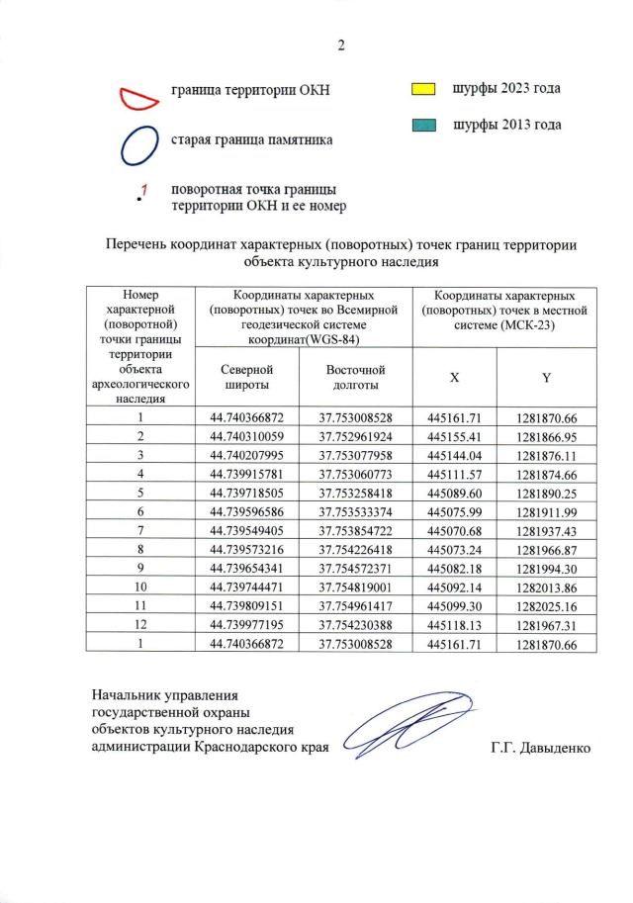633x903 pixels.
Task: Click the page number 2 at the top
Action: tap(341, 45)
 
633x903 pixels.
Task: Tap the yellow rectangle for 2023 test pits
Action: tap(423, 89)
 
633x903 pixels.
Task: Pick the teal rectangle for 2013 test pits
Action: tap(423, 126)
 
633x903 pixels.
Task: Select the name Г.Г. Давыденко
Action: tap(539, 747)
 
